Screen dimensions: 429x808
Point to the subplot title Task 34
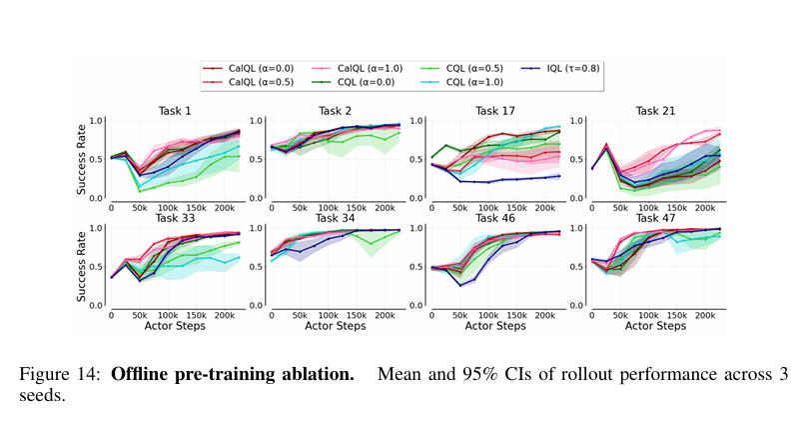[335, 217]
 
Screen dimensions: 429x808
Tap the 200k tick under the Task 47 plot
[704, 315]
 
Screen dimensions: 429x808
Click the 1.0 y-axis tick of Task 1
[97, 121]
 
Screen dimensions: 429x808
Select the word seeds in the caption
[40, 395]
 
